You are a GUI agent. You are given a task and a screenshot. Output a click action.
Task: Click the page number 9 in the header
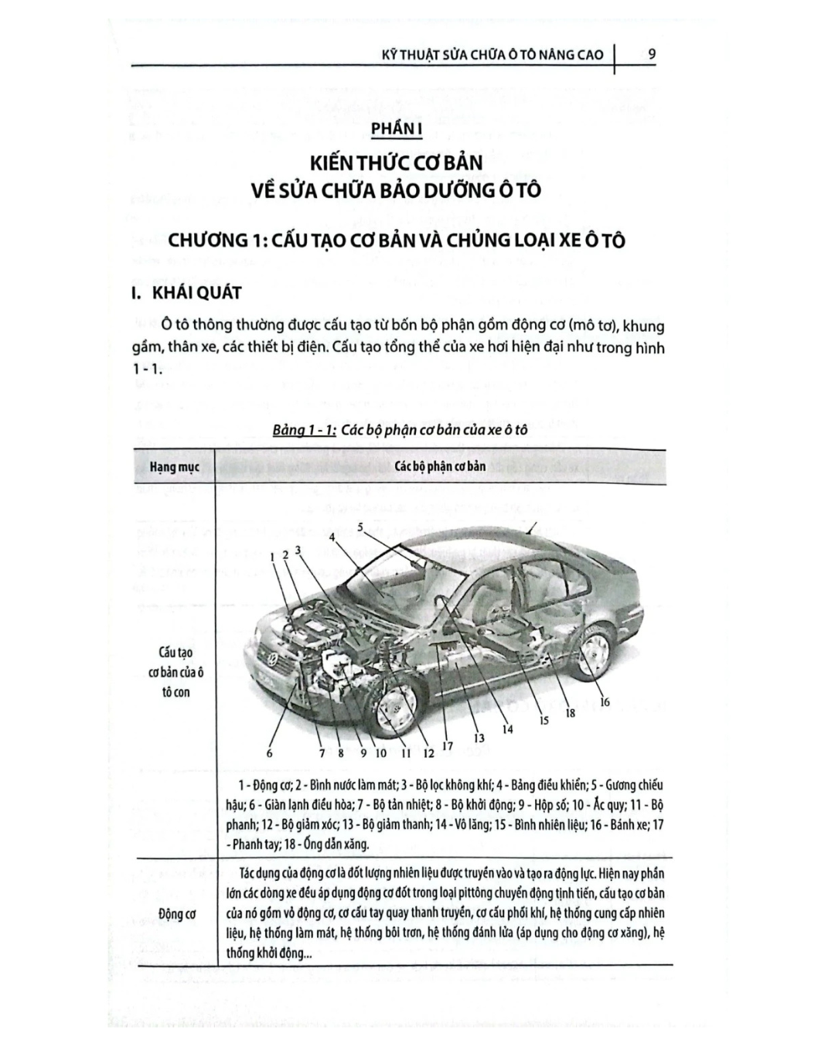pos(652,54)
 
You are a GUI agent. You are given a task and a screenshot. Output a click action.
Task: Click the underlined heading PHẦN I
pos(397,128)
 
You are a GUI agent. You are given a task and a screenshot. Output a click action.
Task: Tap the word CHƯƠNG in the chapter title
pos(203,241)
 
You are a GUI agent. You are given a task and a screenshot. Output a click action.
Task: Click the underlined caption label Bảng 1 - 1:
pos(304,429)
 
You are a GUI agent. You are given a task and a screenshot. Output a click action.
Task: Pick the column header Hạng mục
pos(174,467)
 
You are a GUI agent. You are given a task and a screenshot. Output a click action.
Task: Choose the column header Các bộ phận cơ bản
pos(440,466)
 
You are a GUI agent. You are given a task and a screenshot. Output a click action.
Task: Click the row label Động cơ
pos(176,913)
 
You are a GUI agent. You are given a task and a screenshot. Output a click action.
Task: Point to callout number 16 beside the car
pos(604,701)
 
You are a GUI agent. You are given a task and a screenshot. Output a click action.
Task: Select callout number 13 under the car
pos(479,738)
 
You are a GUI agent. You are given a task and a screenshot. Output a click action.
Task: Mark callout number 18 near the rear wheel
pos(571,713)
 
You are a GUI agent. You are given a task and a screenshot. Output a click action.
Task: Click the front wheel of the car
pos(396,708)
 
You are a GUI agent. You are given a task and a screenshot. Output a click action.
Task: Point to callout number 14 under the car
pos(507,728)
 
